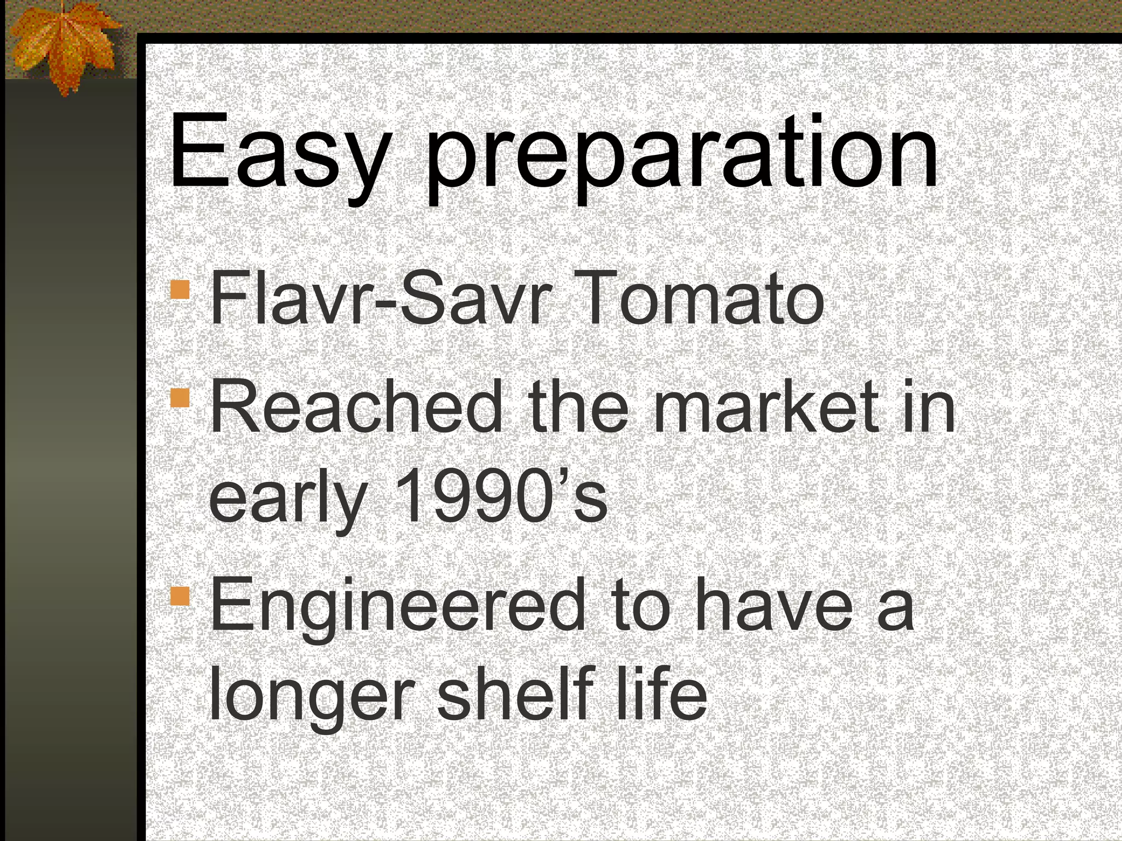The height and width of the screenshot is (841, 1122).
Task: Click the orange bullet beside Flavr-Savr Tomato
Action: (180, 290)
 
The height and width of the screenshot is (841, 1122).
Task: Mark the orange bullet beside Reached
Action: (180, 398)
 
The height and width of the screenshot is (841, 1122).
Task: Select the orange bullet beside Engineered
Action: (180, 596)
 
